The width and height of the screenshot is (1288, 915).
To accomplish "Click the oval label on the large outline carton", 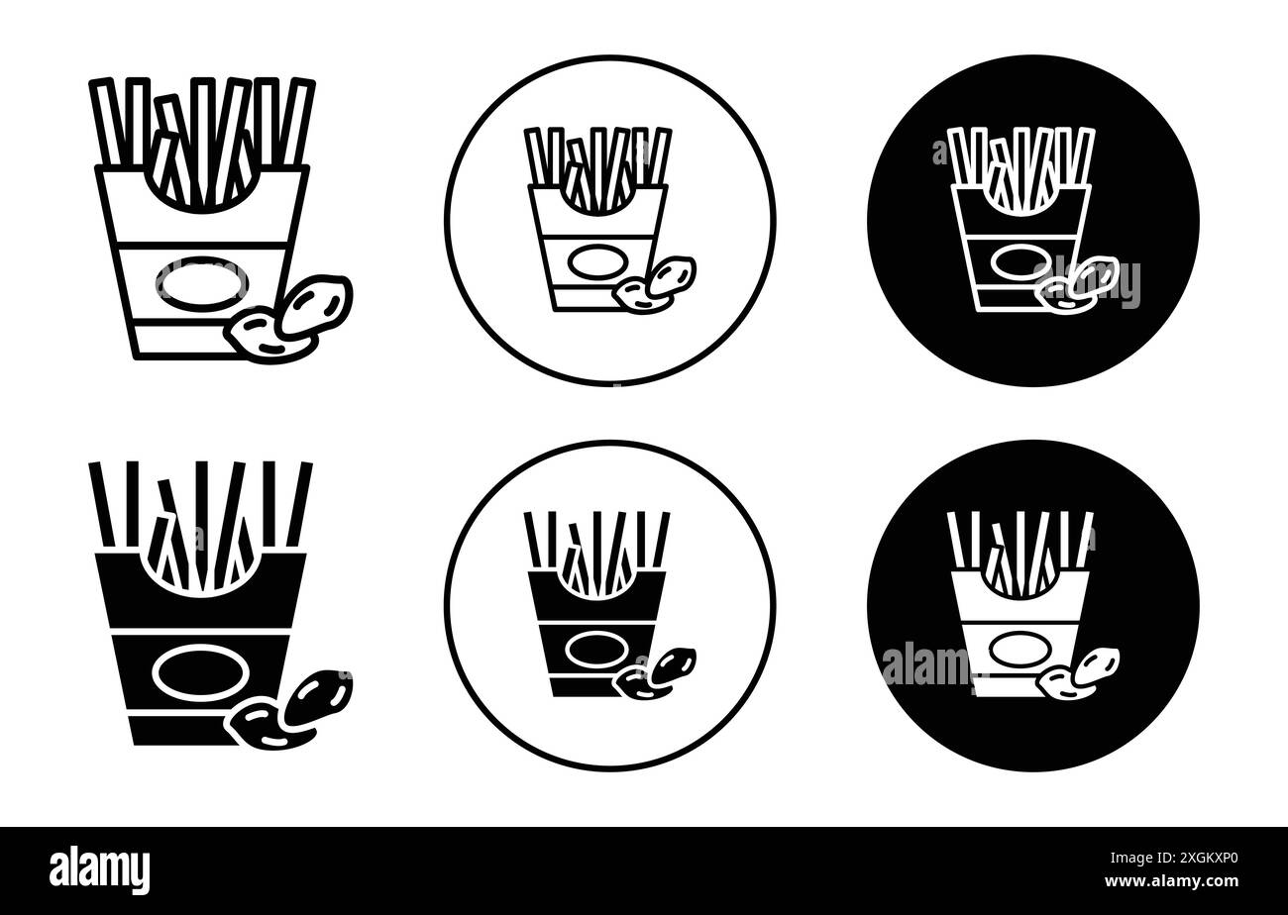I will (202, 282).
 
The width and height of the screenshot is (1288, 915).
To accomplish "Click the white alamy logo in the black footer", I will (100, 869).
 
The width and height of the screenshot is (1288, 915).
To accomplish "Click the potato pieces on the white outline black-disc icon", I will (1079, 282).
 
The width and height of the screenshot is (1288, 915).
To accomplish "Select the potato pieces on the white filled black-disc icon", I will (1079, 669).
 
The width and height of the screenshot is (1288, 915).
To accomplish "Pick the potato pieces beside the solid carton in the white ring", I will (655, 670).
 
